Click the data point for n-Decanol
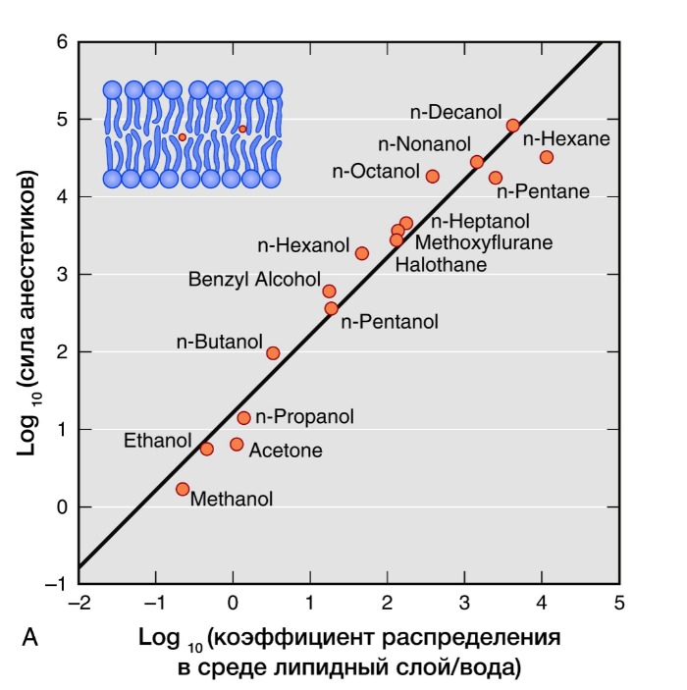512,126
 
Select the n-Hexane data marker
547,157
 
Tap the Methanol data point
183,489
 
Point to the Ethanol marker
206,449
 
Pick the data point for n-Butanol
273,353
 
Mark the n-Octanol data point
432,176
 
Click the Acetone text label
286,451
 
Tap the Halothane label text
441,264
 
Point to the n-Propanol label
304,417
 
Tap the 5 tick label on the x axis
618,603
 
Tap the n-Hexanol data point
361,253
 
